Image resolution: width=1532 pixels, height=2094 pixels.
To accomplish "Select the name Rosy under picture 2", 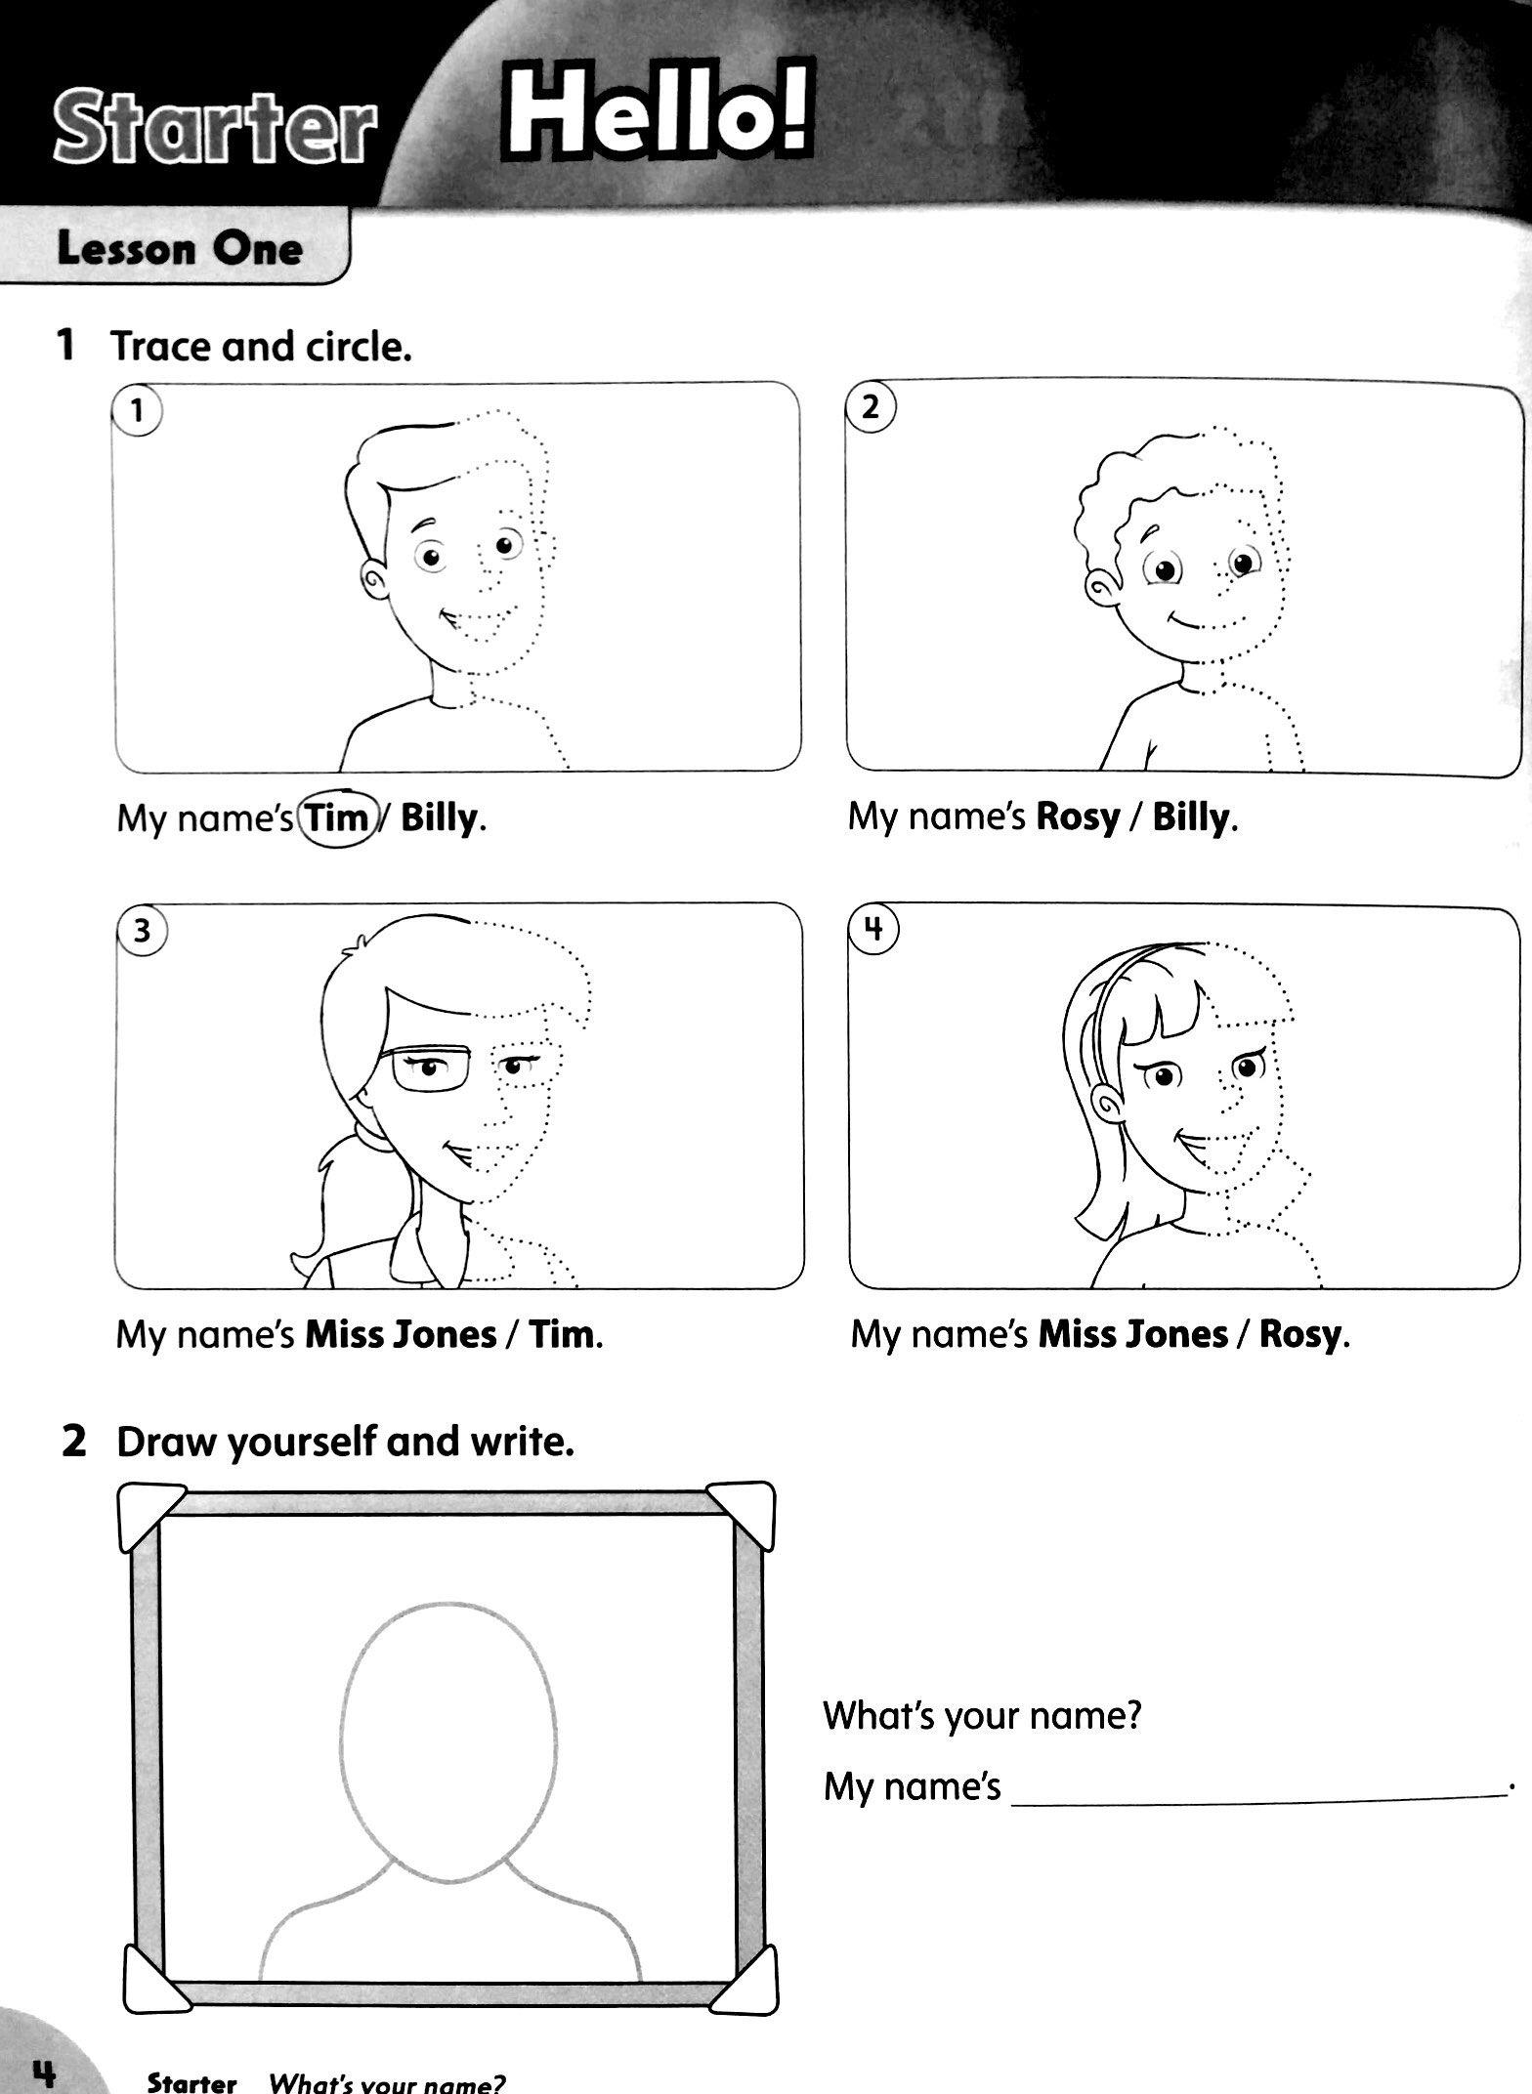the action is [1077, 817].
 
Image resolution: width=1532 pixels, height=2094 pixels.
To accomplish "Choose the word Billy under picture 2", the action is [1191, 817].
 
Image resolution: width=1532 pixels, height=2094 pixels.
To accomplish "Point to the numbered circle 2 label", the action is [871, 406].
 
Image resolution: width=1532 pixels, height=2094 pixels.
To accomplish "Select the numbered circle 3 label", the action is [142, 930].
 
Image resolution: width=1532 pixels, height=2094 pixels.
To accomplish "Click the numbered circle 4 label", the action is [874, 929].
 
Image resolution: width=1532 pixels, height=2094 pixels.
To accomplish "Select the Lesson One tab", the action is [180, 249].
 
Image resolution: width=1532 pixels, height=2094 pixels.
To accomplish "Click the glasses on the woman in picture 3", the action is [433, 1070].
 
